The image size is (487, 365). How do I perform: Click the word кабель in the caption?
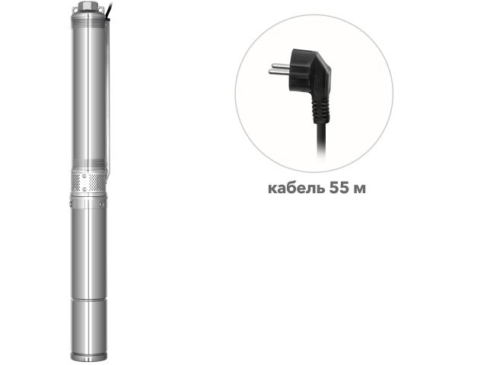click(x=291, y=187)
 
